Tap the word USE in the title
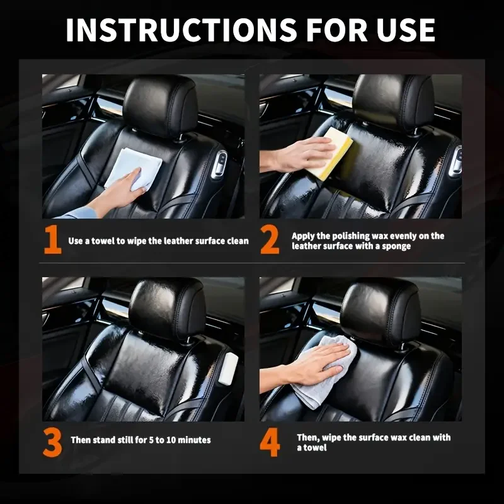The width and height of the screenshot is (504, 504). pos(406,30)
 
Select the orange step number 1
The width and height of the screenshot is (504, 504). pos(52,240)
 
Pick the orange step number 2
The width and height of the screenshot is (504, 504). pos(270,240)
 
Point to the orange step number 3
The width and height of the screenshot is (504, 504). pos(52,443)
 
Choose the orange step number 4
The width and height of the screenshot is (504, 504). pos(270,443)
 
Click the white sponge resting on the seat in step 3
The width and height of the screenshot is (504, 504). pos(229,368)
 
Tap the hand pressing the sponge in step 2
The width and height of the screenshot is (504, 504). pos(297,156)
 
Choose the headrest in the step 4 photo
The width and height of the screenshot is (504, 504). pos(381,313)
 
